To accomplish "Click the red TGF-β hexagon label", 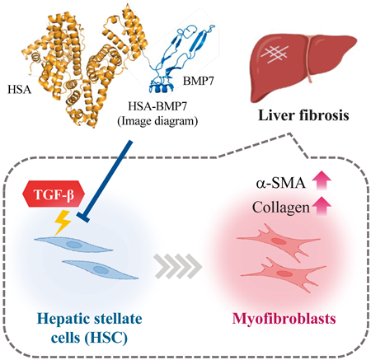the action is pos(52,194).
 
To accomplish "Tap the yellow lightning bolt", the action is pos(63,222).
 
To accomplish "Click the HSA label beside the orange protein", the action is pos(19,90).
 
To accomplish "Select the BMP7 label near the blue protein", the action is pos(198,81).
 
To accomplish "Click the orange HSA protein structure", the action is pos(82,63).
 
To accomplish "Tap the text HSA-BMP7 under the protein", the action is pos(157,106).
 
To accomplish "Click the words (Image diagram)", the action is pos(157,121).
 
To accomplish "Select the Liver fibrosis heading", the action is pos(303,115).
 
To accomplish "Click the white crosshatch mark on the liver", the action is pos(275,53).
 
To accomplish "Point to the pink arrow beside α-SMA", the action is pos(322,180).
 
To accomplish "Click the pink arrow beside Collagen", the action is pos(322,206).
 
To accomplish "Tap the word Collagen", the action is pos(281,208).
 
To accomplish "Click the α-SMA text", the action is pos(281,183).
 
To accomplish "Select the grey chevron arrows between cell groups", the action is pos(178,266).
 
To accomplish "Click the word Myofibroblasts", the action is pos(284,319).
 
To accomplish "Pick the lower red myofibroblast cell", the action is pos(283,274).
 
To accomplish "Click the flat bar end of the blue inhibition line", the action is pos(82,217).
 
